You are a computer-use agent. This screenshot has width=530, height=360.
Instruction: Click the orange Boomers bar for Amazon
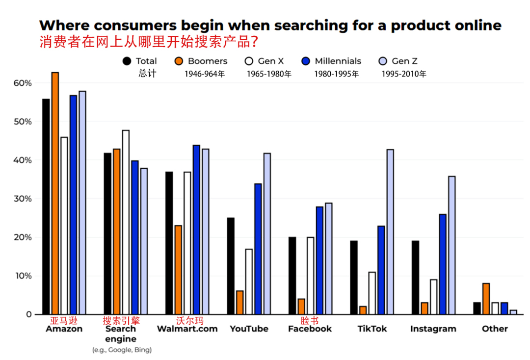coord(55,193)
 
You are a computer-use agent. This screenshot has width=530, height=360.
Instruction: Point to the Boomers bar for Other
coord(486,299)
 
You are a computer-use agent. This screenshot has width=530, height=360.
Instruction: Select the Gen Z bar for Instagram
coord(451,245)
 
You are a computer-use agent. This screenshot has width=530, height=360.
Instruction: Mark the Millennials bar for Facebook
coord(319,260)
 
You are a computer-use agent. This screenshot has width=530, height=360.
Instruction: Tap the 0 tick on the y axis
coord(28,314)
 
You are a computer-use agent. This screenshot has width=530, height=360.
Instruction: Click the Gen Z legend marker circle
coord(383,61)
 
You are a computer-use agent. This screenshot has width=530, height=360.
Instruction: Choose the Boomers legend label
coord(208,61)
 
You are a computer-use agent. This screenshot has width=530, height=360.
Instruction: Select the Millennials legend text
coord(338,61)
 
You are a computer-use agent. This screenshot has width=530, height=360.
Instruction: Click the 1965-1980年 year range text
coord(269,75)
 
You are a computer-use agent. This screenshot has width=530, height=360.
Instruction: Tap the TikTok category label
coord(371,329)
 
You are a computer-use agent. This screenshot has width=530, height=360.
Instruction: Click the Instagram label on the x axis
coord(433,329)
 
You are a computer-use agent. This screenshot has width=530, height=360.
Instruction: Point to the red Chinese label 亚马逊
coord(64,321)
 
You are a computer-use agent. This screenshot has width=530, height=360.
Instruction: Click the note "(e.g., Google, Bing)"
coord(122,350)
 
